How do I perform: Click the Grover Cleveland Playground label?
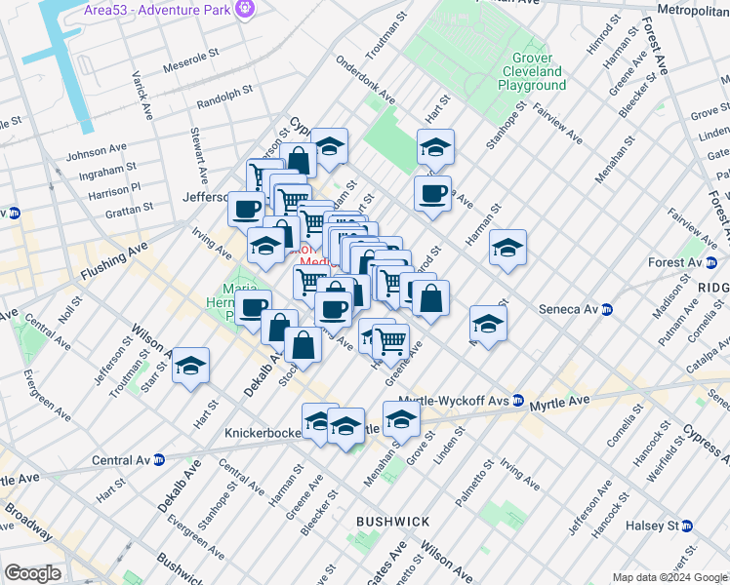point(532,72)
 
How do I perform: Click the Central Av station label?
point(120,459)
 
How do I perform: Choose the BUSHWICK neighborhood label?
point(392,522)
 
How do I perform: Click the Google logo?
point(32,573)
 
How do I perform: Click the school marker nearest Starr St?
point(191,367)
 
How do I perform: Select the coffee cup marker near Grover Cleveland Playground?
point(432,193)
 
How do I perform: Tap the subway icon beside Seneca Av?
point(606,309)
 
